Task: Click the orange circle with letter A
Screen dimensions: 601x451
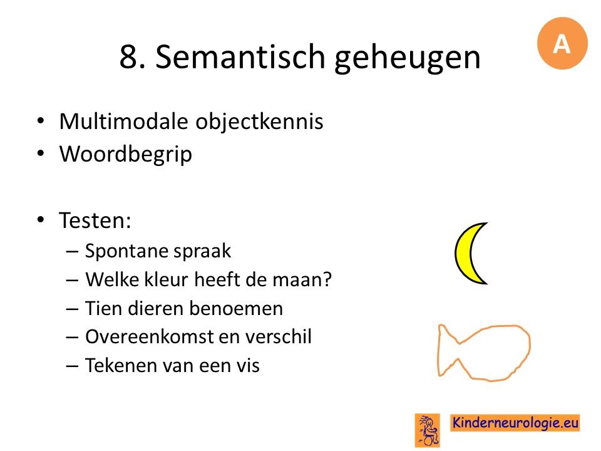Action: tap(562, 43)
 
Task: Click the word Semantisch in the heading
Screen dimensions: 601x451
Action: tap(240, 57)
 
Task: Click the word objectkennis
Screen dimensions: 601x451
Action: tap(259, 122)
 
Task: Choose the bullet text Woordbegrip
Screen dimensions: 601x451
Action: tap(126, 155)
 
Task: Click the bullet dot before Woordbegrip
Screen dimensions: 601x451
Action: tap(41, 153)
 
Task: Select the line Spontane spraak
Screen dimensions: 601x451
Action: tap(158, 251)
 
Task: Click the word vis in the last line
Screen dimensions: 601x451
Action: tap(249, 365)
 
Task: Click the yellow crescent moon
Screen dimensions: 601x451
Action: tap(463, 254)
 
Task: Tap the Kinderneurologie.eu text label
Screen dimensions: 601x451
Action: tap(515, 423)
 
